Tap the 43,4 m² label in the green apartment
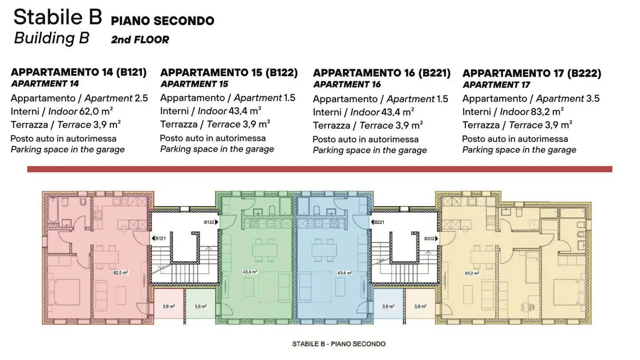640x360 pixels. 251,272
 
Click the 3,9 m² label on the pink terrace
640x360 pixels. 168,306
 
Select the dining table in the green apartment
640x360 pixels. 266,250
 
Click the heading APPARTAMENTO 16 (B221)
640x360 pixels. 382,73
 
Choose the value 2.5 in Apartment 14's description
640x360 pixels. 141,98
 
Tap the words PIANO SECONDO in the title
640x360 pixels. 162,20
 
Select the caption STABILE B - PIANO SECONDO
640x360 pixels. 339,344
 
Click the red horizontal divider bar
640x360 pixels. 320,169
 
